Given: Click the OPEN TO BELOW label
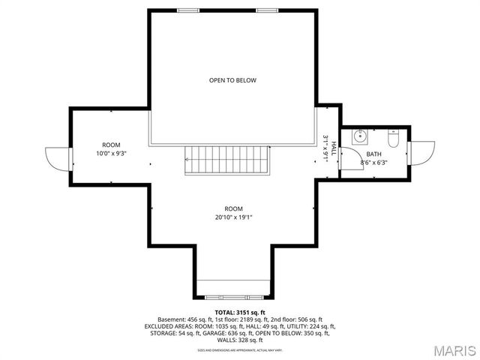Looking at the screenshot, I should click(x=232, y=79).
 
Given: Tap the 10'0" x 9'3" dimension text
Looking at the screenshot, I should click(x=111, y=153).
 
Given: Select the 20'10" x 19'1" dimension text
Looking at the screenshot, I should click(x=234, y=217).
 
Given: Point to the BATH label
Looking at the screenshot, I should click(x=373, y=154).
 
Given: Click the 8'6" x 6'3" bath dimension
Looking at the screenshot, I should click(x=373, y=162).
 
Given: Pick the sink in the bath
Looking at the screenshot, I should click(x=359, y=136).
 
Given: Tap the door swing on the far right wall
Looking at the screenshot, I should click(x=421, y=154).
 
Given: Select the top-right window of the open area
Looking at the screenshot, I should click(x=266, y=10).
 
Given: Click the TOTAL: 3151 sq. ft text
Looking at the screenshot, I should click(x=240, y=312).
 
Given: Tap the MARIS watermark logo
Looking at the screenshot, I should click(x=454, y=349).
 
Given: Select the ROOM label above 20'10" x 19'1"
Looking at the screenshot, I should click(x=234, y=208).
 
